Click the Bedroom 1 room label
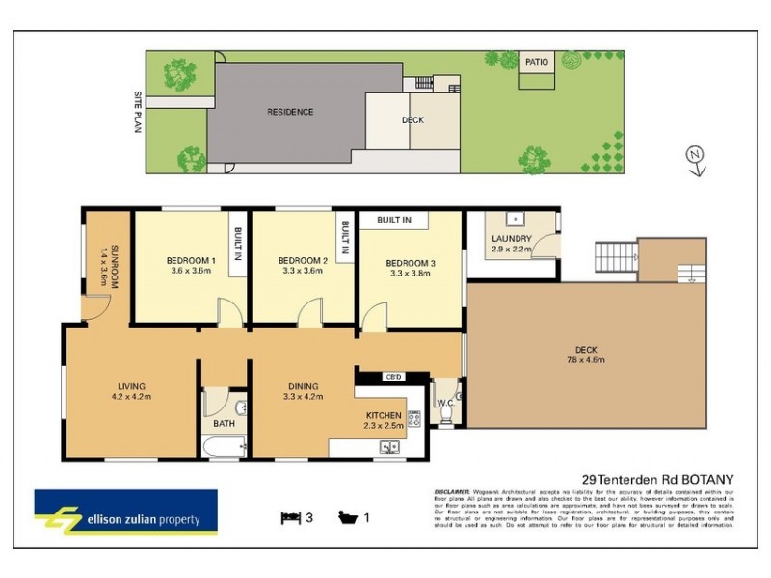[190, 260]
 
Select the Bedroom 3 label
[412, 263]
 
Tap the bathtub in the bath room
[225, 447]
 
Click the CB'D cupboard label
[392, 376]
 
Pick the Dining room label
[303, 387]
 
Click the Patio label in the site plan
[537, 62]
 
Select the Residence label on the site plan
[290, 112]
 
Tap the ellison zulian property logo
[125, 512]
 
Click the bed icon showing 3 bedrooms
[290, 517]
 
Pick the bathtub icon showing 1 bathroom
[347, 517]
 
